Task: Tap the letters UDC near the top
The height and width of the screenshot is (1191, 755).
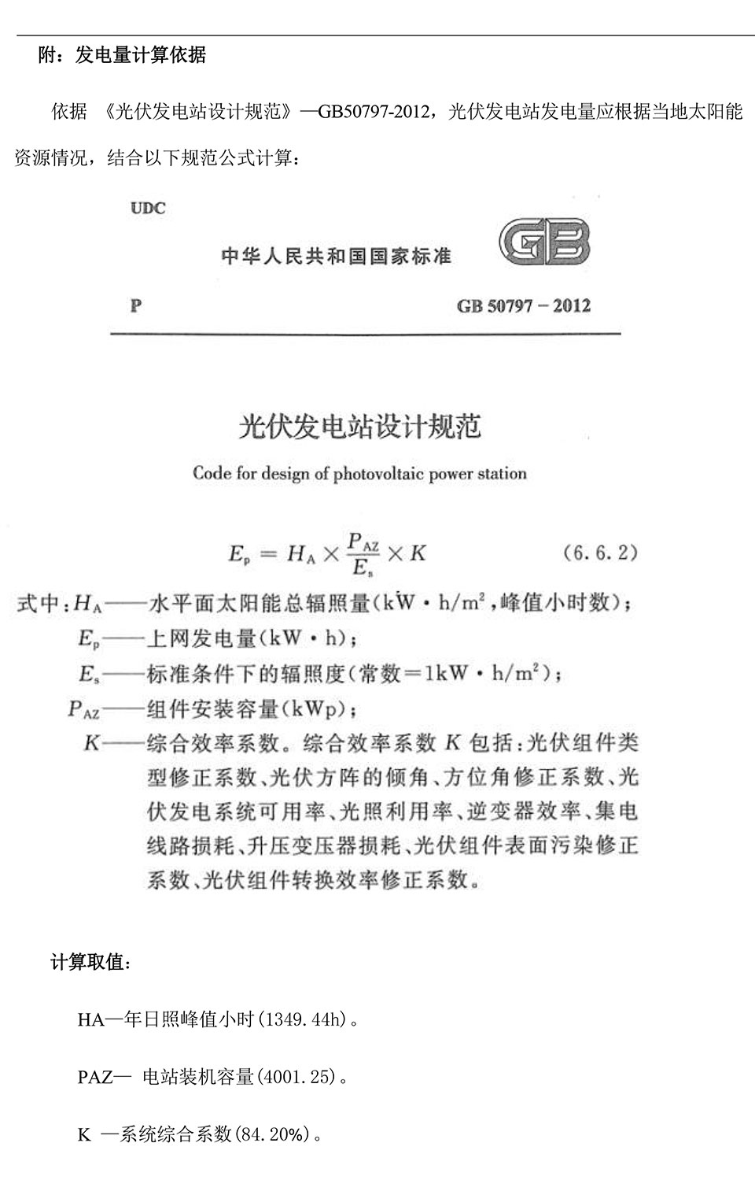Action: (x=148, y=209)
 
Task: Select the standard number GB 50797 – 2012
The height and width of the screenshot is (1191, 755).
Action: (x=524, y=306)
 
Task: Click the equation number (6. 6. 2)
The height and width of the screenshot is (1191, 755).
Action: (x=600, y=553)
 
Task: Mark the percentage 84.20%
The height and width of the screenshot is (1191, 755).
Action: (x=272, y=1134)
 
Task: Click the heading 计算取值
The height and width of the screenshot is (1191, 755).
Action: (x=91, y=962)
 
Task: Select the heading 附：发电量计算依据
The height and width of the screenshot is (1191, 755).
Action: (x=122, y=55)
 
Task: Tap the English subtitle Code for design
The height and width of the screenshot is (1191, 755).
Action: (x=359, y=474)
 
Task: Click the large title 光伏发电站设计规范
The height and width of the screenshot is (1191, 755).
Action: (x=359, y=426)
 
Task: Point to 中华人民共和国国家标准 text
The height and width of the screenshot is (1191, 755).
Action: (x=337, y=257)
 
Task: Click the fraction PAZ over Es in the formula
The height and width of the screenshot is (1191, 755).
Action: (x=363, y=553)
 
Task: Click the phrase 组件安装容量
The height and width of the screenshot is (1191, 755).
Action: (x=213, y=709)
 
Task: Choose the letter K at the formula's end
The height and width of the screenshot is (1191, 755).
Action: (x=418, y=553)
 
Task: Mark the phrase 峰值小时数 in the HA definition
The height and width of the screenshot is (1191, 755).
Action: (x=563, y=603)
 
